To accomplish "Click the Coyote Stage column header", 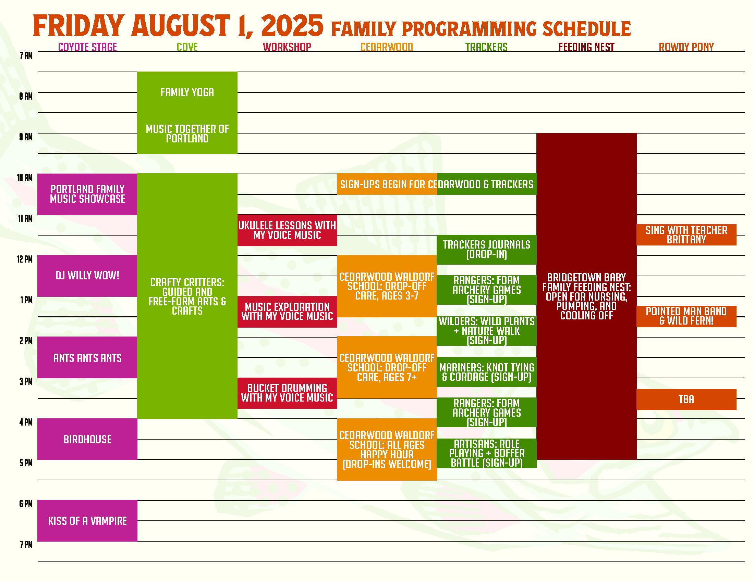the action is point(87,47).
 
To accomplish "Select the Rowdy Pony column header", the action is point(686,47).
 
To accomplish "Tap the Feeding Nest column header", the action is point(586,47).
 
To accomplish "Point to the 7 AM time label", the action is point(26,55).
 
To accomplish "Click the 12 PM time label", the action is point(25,259).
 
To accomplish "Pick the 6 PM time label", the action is point(26,504).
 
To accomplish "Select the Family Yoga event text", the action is point(187,92).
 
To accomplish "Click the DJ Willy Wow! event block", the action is point(87,276).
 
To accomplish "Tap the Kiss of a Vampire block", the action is point(87,521).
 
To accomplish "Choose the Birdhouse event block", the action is point(87,439).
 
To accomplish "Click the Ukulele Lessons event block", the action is point(287,230).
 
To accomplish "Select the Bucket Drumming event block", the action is point(287,393).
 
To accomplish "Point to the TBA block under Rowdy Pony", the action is point(686,400).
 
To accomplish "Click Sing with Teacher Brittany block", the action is point(686,235).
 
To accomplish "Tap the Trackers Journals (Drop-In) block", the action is point(486,250).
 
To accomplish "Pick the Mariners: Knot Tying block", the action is point(486,372).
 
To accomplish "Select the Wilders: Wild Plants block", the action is point(486,331).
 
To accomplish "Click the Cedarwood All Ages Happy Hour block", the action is point(387,449).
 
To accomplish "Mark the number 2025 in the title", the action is point(292,26).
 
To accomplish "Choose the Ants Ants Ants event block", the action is point(87,357).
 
